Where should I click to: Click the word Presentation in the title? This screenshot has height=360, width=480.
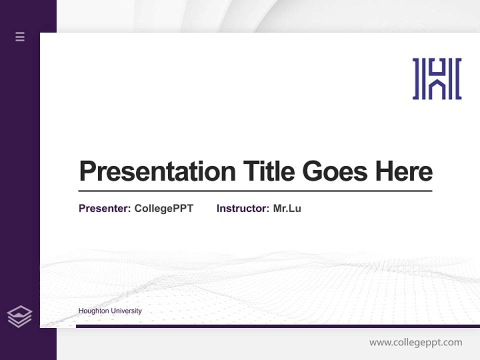[157, 171]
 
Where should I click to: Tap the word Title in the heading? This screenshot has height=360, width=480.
[268, 171]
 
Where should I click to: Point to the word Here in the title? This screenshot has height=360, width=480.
[404, 171]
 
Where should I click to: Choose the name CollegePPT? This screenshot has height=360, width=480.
[163, 208]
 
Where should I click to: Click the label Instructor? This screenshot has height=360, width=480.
[243, 208]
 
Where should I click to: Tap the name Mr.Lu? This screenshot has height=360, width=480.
[287, 208]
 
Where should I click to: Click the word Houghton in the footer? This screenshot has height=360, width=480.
[93, 311]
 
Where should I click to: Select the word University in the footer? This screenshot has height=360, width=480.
[126, 311]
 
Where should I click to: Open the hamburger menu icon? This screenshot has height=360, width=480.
[20, 36]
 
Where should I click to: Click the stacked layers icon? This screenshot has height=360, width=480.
[19, 316]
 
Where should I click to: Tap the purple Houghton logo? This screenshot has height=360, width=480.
[437, 78]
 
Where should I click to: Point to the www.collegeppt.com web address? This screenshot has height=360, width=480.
[415, 342]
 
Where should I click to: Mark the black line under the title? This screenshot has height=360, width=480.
[255, 191]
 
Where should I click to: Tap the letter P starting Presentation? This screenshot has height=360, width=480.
[88, 171]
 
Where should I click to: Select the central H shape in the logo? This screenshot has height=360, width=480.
[437, 78]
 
